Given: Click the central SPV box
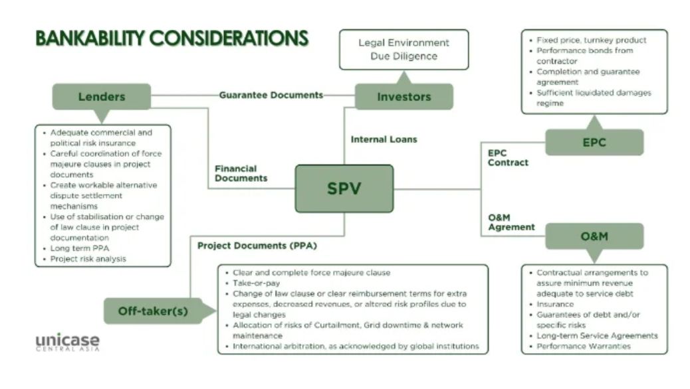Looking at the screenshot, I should (344, 189).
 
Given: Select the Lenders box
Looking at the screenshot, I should (101, 96).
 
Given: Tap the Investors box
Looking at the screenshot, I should (403, 96).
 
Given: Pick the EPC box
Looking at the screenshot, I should (594, 142).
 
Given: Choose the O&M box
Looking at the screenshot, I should (594, 236).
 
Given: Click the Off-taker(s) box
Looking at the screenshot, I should (153, 311).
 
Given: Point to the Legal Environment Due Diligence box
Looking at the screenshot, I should (403, 49).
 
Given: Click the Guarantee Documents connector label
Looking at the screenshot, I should (271, 95).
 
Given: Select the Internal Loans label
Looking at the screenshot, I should (384, 139).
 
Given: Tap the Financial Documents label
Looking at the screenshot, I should (241, 173).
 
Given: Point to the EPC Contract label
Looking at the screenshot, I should (508, 157).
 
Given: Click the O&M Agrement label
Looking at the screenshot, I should (511, 222).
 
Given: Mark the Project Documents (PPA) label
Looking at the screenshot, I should (257, 246).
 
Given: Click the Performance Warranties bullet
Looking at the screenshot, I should (583, 346).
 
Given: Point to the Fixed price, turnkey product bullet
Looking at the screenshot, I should (591, 40).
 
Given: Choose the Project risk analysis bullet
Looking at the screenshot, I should (88, 259).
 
